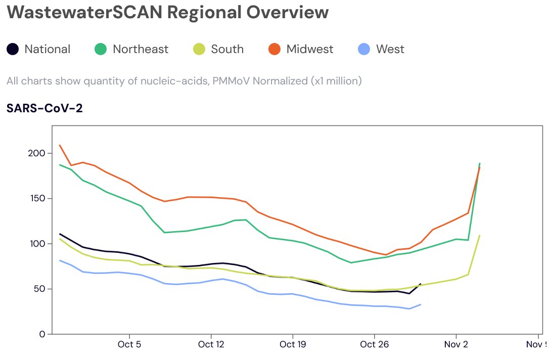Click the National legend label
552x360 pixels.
click(47, 49)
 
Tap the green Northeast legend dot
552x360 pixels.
click(101, 49)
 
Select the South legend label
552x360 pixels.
click(227, 49)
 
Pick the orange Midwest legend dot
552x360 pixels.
click(274, 49)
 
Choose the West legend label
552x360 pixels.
click(390, 49)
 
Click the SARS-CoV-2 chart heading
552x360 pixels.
click(44, 108)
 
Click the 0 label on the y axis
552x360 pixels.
click(42, 334)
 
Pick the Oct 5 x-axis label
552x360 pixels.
click(130, 345)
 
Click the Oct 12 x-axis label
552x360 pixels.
click(210, 345)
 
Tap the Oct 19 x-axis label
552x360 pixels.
click(292, 345)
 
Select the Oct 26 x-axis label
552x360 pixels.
click(374, 345)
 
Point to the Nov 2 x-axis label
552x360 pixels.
click(456, 345)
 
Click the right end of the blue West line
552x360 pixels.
click(421, 304)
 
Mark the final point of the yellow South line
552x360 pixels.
click(479, 235)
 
